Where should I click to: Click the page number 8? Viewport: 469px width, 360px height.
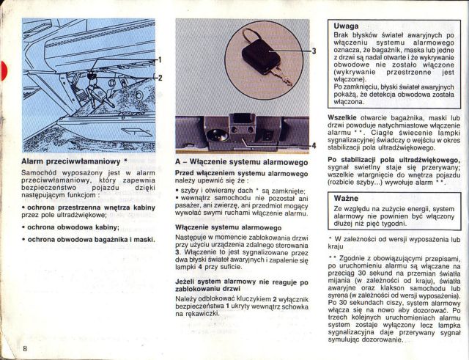tap(25, 347)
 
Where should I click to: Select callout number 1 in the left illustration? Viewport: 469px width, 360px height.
tap(160, 59)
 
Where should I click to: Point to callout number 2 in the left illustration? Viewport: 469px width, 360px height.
tap(160, 78)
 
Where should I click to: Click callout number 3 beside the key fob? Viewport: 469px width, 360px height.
tap(314, 51)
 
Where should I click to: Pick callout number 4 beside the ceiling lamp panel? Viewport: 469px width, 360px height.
tap(314, 145)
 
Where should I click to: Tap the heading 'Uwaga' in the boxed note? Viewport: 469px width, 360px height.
tap(347, 26)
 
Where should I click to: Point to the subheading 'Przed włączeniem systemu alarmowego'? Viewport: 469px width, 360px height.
tap(241, 174)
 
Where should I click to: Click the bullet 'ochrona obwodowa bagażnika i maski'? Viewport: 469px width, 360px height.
tap(89, 240)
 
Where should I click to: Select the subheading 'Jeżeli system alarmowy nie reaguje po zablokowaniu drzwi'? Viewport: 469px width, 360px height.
tap(241, 286)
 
